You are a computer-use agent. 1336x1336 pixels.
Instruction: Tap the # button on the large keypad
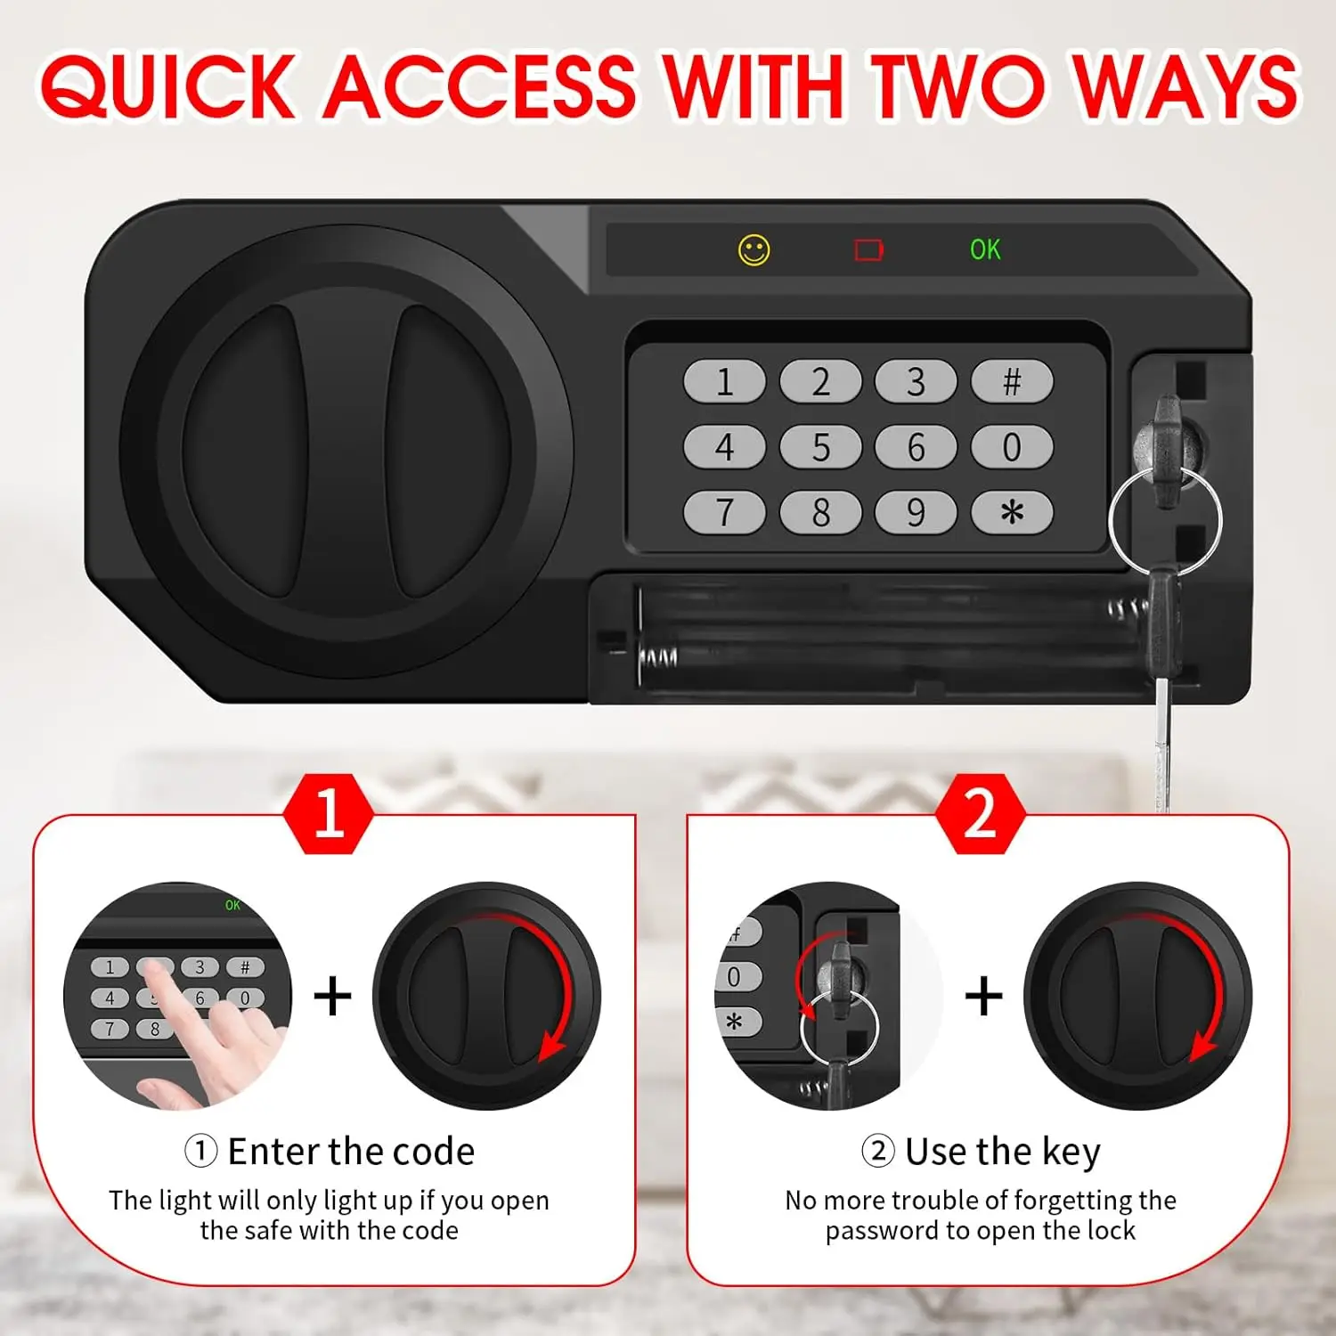[x=1012, y=382]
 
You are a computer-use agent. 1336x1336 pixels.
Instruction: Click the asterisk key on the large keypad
[x=1012, y=512]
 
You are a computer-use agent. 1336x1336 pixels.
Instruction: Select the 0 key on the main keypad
[x=1012, y=447]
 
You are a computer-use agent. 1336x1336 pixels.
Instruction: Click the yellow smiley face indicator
[x=754, y=250]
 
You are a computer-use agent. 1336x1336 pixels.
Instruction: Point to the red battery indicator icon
[x=868, y=250]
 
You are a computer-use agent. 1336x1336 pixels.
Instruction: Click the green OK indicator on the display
[x=985, y=249]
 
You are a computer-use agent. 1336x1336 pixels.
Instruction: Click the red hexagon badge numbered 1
[x=329, y=813]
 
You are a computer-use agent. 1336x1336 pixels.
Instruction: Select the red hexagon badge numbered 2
[x=981, y=813]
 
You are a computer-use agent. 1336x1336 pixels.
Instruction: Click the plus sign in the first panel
[x=333, y=996]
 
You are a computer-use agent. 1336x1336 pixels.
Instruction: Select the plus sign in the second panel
[x=984, y=996]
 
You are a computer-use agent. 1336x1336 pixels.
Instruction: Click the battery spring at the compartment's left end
[x=657, y=657]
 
